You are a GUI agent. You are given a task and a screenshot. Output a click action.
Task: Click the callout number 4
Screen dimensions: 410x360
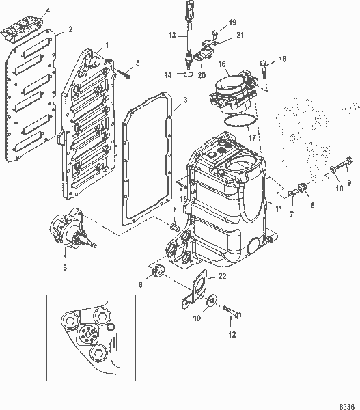(x=47, y=11)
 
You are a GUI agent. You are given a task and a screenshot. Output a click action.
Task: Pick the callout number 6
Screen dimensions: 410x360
(x=64, y=268)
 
